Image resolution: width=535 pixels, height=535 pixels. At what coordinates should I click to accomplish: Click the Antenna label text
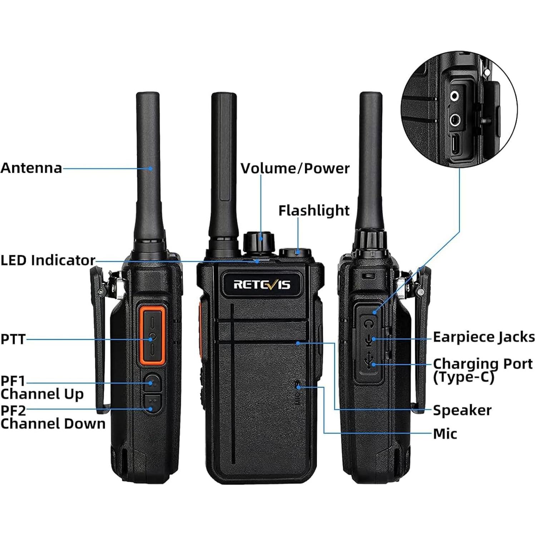31,168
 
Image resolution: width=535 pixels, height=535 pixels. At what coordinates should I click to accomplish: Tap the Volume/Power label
295,168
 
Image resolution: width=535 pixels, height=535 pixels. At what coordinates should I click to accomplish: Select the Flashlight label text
314,210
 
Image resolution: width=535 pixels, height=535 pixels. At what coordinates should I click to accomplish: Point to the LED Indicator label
48,260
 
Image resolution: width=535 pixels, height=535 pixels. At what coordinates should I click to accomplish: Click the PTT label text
13,339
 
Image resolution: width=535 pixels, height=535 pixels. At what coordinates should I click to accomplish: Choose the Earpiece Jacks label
484,337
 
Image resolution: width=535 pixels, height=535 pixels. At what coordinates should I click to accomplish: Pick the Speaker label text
462,410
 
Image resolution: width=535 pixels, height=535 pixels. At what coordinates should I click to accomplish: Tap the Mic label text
445,434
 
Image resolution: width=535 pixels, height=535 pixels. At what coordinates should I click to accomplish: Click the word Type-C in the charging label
464,377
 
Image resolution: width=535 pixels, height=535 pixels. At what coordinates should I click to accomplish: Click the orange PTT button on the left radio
153,336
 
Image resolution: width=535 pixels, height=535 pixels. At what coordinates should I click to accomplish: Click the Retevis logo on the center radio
262,284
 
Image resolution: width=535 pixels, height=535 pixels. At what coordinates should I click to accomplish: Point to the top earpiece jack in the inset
455,96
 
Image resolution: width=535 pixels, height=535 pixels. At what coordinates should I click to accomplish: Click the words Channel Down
53,424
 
